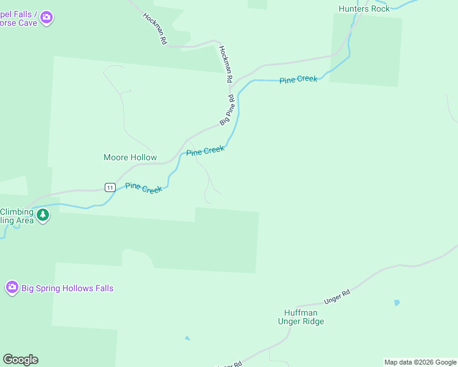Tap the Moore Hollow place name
(x=130, y=157)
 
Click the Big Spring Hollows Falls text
(x=67, y=288)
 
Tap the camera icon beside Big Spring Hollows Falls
(x=12, y=287)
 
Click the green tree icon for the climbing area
(x=42, y=215)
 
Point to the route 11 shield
(x=109, y=187)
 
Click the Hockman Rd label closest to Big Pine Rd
(x=225, y=64)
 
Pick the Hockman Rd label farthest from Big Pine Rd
(x=155, y=29)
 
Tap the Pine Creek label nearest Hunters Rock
(x=299, y=80)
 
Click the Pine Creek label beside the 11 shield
(x=144, y=188)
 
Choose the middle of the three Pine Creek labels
(x=206, y=150)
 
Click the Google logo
(x=20, y=360)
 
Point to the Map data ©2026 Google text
(x=420, y=362)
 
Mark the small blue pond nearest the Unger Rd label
(x=397, y=302)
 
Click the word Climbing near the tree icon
(x=17, y=212)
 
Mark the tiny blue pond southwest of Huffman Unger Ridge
(x=187, y=338)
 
